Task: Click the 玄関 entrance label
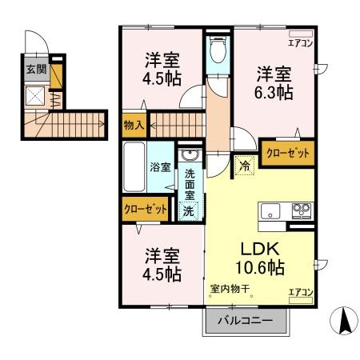(35, 70)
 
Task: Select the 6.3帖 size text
(274, 93)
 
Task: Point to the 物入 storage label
(134, 125)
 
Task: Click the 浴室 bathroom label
(160, 167)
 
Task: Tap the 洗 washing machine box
(188, 212)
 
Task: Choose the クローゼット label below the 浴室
(146, 210)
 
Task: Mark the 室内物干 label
(230, 289)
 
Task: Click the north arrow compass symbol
(344, 322)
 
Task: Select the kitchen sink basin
(270, 211)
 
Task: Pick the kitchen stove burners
(302, 211)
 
